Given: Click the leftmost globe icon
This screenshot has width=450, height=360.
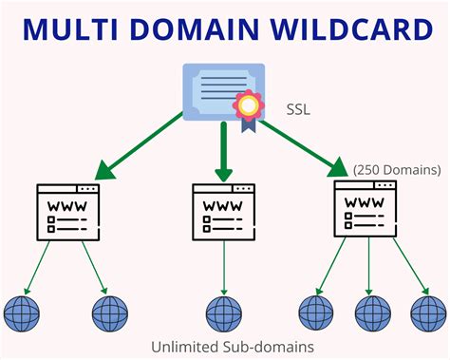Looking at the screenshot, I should tap(20, 312).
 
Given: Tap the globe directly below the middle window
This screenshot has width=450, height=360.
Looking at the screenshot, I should tap(225, 312).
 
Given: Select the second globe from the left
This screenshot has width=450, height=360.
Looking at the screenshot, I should tap(108, 312).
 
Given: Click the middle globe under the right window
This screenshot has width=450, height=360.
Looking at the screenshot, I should tap(371, 312).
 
